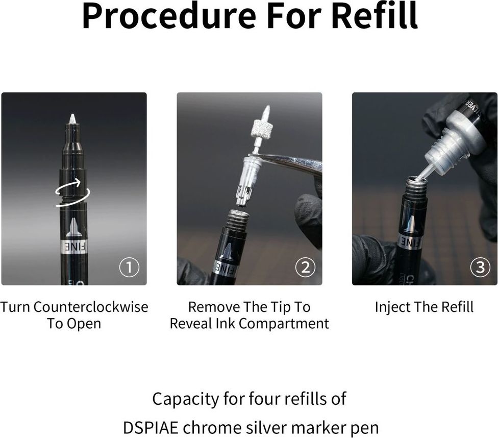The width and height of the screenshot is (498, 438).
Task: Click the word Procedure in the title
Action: point(169,15)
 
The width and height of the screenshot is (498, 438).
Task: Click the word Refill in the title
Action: point(375,15)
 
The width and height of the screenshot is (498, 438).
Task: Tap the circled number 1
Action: point(129,267)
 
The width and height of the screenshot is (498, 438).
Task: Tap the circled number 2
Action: point(305,267)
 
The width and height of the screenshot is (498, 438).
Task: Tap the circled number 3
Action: point(480,267)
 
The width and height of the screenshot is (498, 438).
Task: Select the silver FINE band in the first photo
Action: point(73,247)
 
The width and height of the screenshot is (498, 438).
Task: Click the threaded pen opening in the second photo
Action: point(237,218)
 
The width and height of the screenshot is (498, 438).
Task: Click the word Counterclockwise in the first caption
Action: point(90,307)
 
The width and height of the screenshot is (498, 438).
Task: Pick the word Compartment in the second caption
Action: point(284,324)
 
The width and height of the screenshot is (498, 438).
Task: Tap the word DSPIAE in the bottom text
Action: point(150,428)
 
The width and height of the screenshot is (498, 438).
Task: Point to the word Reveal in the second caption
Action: point(190,324)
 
